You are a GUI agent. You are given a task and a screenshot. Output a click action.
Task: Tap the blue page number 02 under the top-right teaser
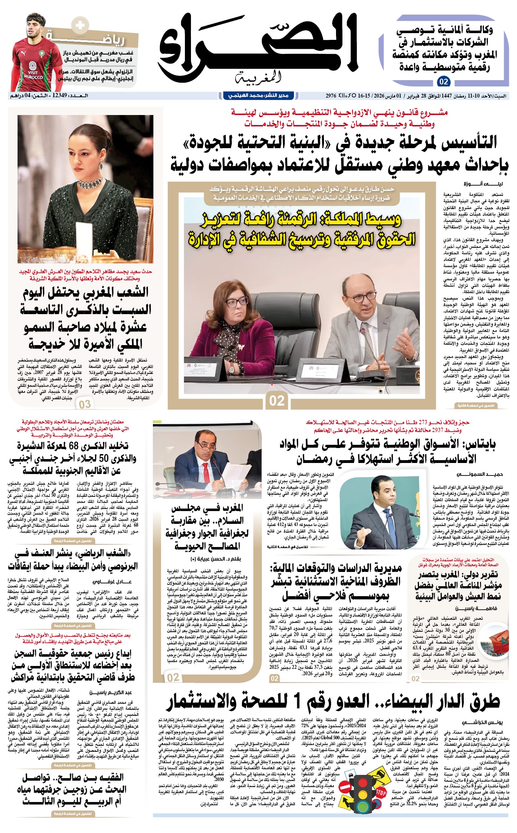[x=444, y=82]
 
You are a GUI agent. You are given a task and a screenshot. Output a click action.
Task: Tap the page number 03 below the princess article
[x=85, y=404]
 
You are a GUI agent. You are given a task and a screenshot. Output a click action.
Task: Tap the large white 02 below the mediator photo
[x=277, y=400]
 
